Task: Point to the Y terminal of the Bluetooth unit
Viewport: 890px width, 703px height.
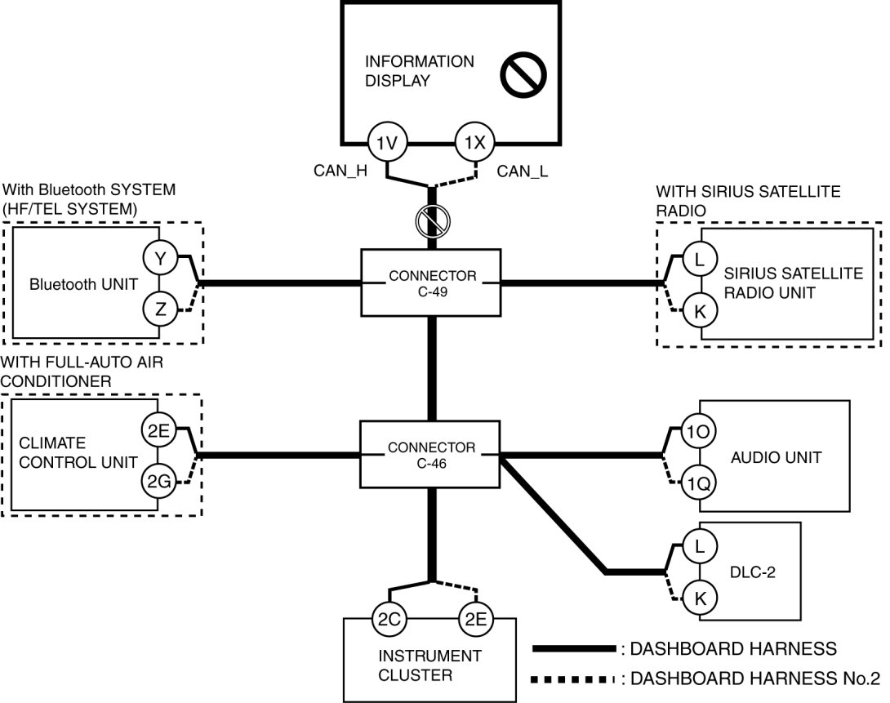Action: (160, 259)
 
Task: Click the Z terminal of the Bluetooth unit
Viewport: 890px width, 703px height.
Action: (160, 309)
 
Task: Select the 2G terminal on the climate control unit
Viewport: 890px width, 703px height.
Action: (158, 482)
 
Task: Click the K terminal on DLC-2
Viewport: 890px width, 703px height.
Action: (700, 598)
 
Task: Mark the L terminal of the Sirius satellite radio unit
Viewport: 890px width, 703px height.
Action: (699, 260)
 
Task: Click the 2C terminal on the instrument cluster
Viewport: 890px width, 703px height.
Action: (388, 619)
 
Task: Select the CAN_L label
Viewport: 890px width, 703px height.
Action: (522, 171)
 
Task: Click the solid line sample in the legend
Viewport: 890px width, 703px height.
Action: (573, 649)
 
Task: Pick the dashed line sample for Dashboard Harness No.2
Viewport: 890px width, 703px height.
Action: (573, 679)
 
